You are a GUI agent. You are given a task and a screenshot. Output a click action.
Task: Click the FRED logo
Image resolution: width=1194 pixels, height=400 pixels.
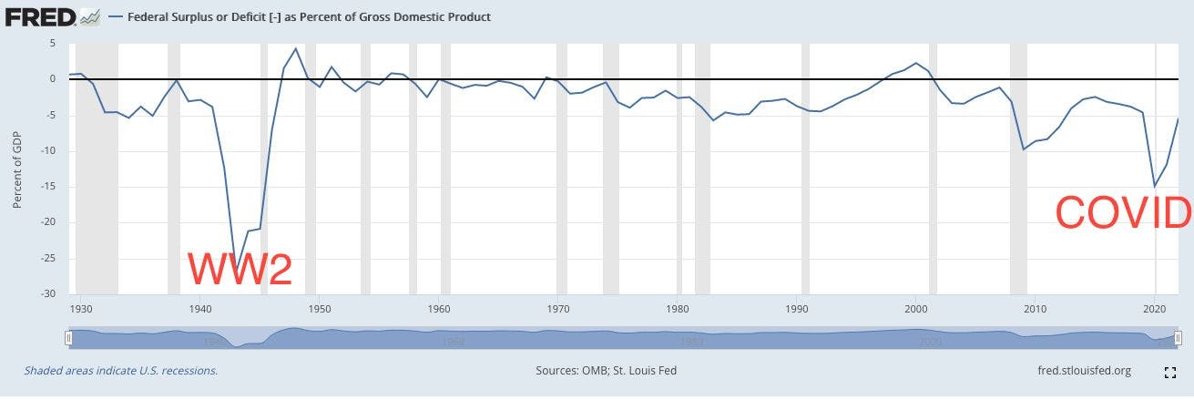[43, 15]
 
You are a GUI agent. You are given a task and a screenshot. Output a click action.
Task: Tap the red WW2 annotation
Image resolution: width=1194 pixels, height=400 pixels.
[240, 269]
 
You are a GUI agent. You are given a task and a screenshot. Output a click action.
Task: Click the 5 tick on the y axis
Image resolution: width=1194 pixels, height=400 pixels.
[53, 43]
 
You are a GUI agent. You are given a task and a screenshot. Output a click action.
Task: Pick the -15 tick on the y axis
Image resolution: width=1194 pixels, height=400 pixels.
[49, 186]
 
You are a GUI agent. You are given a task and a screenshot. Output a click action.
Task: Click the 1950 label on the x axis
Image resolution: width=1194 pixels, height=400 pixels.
[320, 309]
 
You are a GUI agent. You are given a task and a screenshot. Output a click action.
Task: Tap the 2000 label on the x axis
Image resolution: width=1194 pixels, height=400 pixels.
[915, 309]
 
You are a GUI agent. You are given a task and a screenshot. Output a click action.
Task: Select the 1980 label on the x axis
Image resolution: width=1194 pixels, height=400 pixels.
[679, 309]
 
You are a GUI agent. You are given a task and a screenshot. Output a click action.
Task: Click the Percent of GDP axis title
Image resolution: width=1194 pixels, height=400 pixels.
[17, 169]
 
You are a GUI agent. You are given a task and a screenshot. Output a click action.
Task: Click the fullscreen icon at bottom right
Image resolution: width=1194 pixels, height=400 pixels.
[1170, 372]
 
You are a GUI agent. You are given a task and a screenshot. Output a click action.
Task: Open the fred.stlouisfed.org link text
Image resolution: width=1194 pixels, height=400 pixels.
[1084, 371]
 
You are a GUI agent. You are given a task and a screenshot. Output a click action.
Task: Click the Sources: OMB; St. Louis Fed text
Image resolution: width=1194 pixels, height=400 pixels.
[606, 371]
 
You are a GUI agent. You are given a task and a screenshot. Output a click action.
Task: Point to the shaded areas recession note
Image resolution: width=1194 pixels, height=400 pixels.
[121, 371]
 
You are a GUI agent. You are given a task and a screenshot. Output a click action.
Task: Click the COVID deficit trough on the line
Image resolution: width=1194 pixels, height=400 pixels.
[1155, 186]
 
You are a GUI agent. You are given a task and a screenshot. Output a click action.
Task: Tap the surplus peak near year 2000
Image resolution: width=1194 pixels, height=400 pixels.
[916, 63]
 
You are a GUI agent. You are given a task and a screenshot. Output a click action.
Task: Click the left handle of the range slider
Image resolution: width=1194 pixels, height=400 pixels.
[68, 339]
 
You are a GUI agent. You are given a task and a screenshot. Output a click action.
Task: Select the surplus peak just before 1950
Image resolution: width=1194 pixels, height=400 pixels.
[295, 48]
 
